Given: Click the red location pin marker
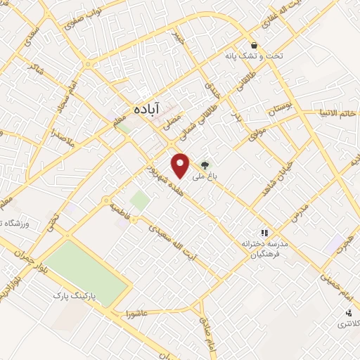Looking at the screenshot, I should pyautogui.click(x=181, y=165).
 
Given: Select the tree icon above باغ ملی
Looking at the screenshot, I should pyautogui.click(x=205, y=165).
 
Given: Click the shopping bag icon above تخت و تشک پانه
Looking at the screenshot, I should pyautogui.click(x=252, y=45).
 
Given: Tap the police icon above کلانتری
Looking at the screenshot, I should pyautogui.click(x=347, y=312).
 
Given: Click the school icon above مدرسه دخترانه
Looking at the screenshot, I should pyautogui.click(x=264, y=232).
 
